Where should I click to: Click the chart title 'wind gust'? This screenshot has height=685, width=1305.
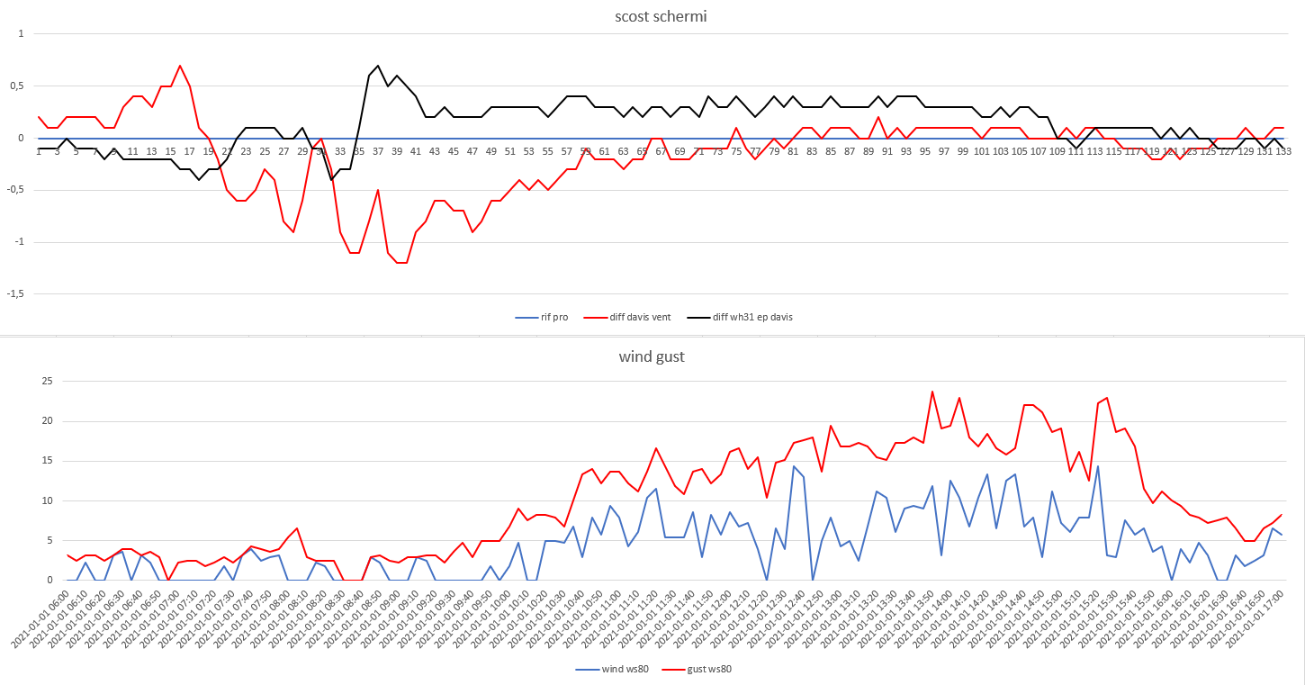tap(652, 357)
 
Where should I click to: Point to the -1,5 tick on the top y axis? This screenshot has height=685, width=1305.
tap(15, 293)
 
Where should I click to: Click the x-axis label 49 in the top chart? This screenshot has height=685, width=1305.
tap(491, 151)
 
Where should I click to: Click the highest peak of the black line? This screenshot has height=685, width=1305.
tap(378, 66)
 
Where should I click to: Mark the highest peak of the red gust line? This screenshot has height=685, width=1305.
tap(931, 392)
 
